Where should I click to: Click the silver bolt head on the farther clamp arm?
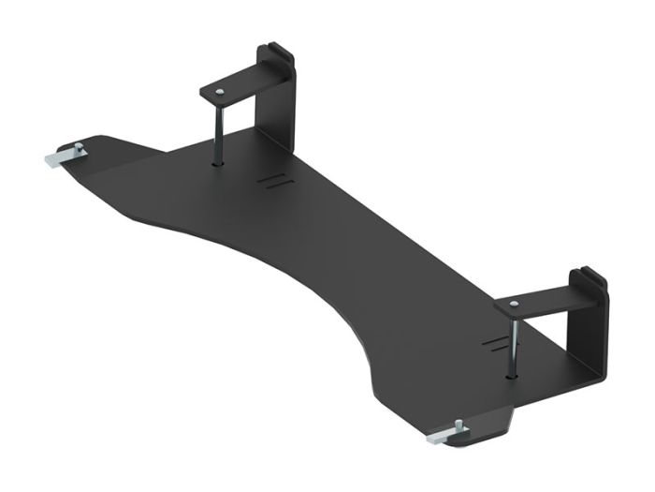pos(219,92)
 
